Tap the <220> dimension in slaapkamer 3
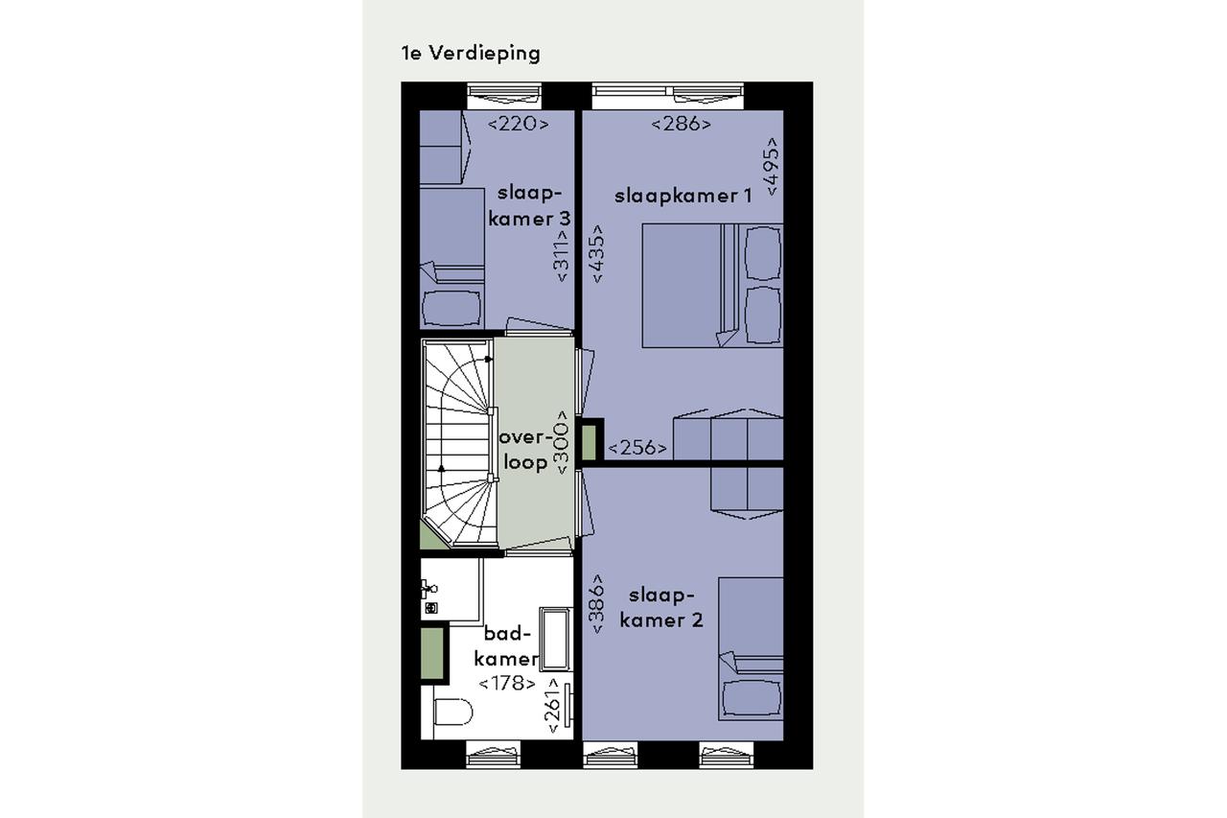(518, 124)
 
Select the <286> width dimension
(681, 124)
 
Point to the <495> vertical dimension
(772, 166)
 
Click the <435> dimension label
(597, 253)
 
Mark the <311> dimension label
(562, 255)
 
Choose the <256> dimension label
(637, 448)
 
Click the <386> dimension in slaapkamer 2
(597, 604)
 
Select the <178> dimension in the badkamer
(507, 683)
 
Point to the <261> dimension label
(553, 706)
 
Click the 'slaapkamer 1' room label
(683, 197)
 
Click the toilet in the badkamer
(451, 712)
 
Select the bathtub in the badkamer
(555, 639)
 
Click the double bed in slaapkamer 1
(712, 286)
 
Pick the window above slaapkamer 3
(504, 97)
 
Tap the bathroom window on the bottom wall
(493, 754)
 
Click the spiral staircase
(459, 443)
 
